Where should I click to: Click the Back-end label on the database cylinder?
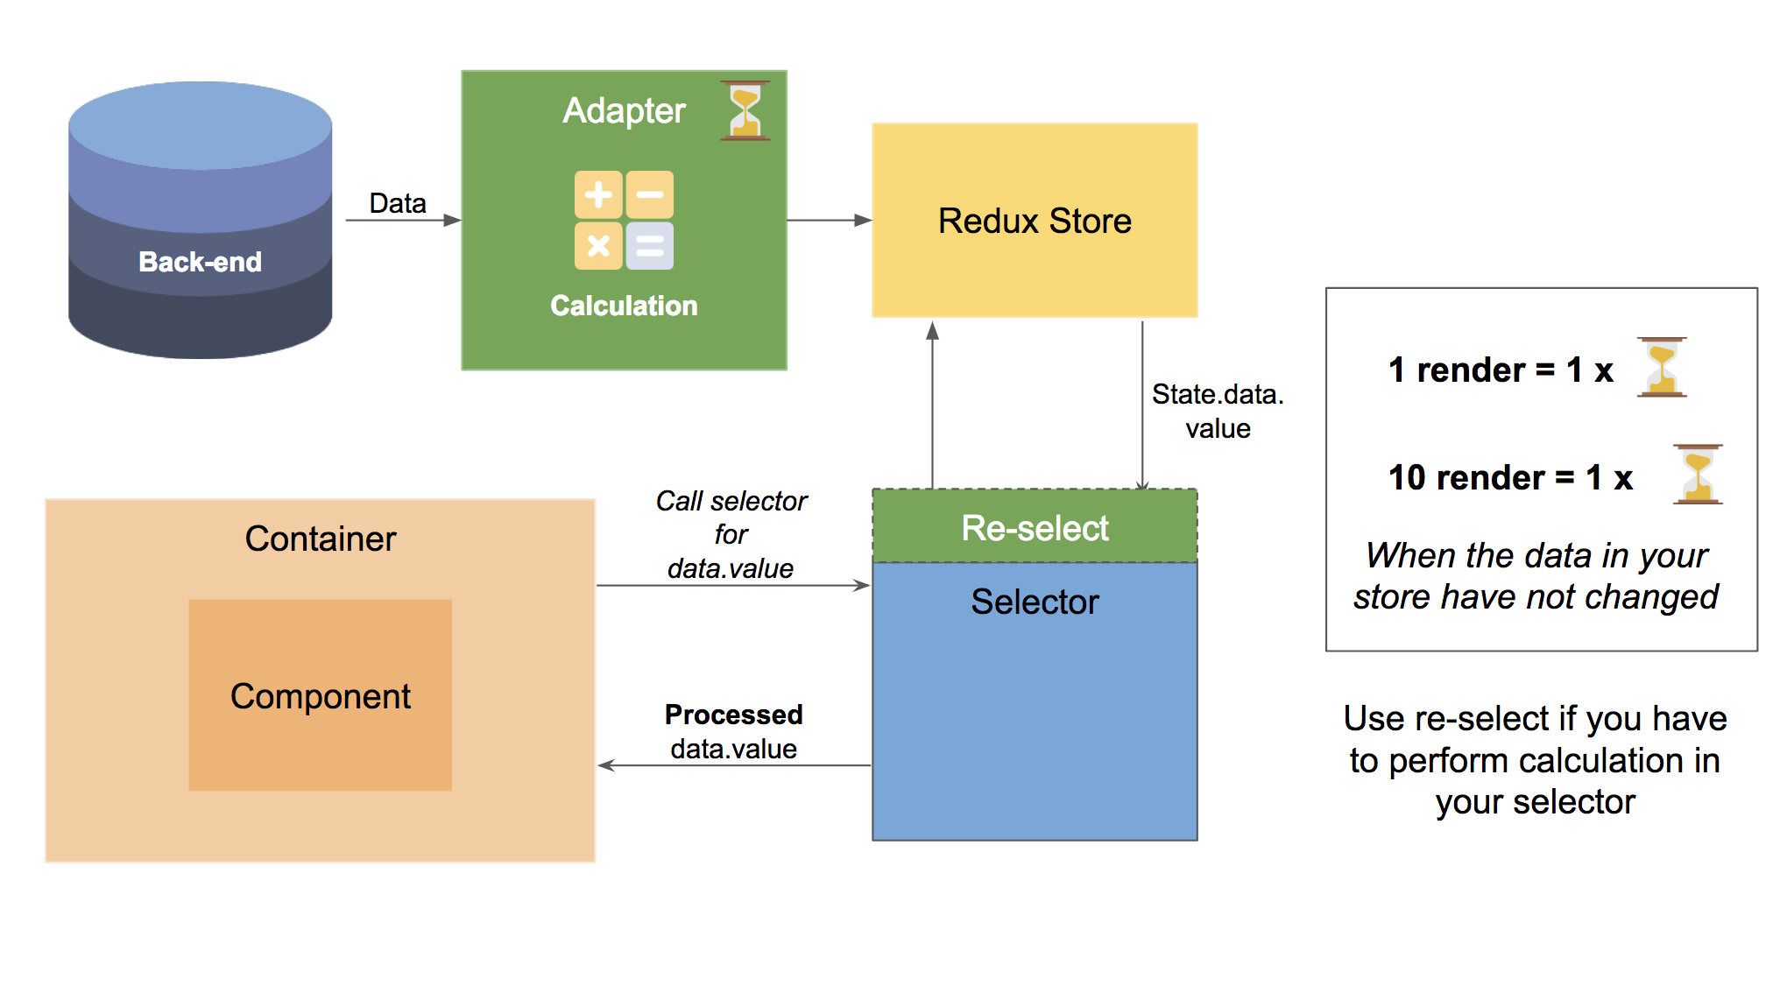coord(200,261)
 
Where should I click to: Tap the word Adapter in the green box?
coord(624,110)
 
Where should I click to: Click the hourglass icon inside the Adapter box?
coord(745,110)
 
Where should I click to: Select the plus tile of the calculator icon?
coord(598,194)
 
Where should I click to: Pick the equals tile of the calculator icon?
coord(650,246)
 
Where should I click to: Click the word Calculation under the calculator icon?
coord(624,306)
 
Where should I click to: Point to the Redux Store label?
coord(1035,221)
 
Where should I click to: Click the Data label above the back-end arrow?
coord(398,203)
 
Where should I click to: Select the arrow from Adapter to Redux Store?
coord(829,220)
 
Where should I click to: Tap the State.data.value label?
coord(1218,411)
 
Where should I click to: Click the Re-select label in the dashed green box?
coord(1035,528)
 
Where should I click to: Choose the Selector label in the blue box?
coord(1035,602)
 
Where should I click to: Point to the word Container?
coord(321,539)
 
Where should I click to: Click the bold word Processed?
coord(733,715)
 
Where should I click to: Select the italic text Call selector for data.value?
coord(731,534)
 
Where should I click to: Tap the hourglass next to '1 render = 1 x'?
coord(1662,368)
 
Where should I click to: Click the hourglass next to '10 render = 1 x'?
coord(1698,475)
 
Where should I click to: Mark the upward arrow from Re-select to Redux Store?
coord(933,403)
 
